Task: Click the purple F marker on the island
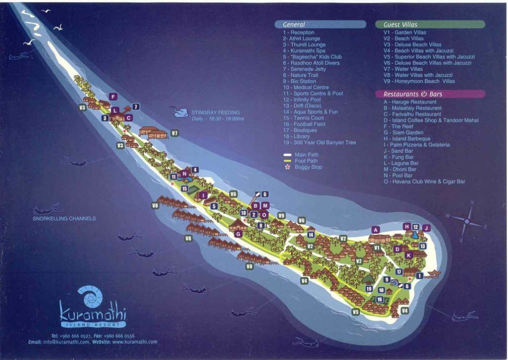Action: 113,96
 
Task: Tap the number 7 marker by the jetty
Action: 136,106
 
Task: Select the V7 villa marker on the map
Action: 174,133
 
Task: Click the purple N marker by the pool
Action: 184,174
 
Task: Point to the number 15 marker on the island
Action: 184,188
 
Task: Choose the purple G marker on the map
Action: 238,233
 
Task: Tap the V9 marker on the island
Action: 281,215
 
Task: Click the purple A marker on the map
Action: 375,229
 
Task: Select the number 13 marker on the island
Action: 422,246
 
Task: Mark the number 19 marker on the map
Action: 369,288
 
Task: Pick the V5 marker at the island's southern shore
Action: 355,312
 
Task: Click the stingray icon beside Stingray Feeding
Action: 178,111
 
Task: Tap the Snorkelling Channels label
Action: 64,218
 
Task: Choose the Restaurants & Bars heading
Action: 413,94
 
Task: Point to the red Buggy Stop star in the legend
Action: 287,167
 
